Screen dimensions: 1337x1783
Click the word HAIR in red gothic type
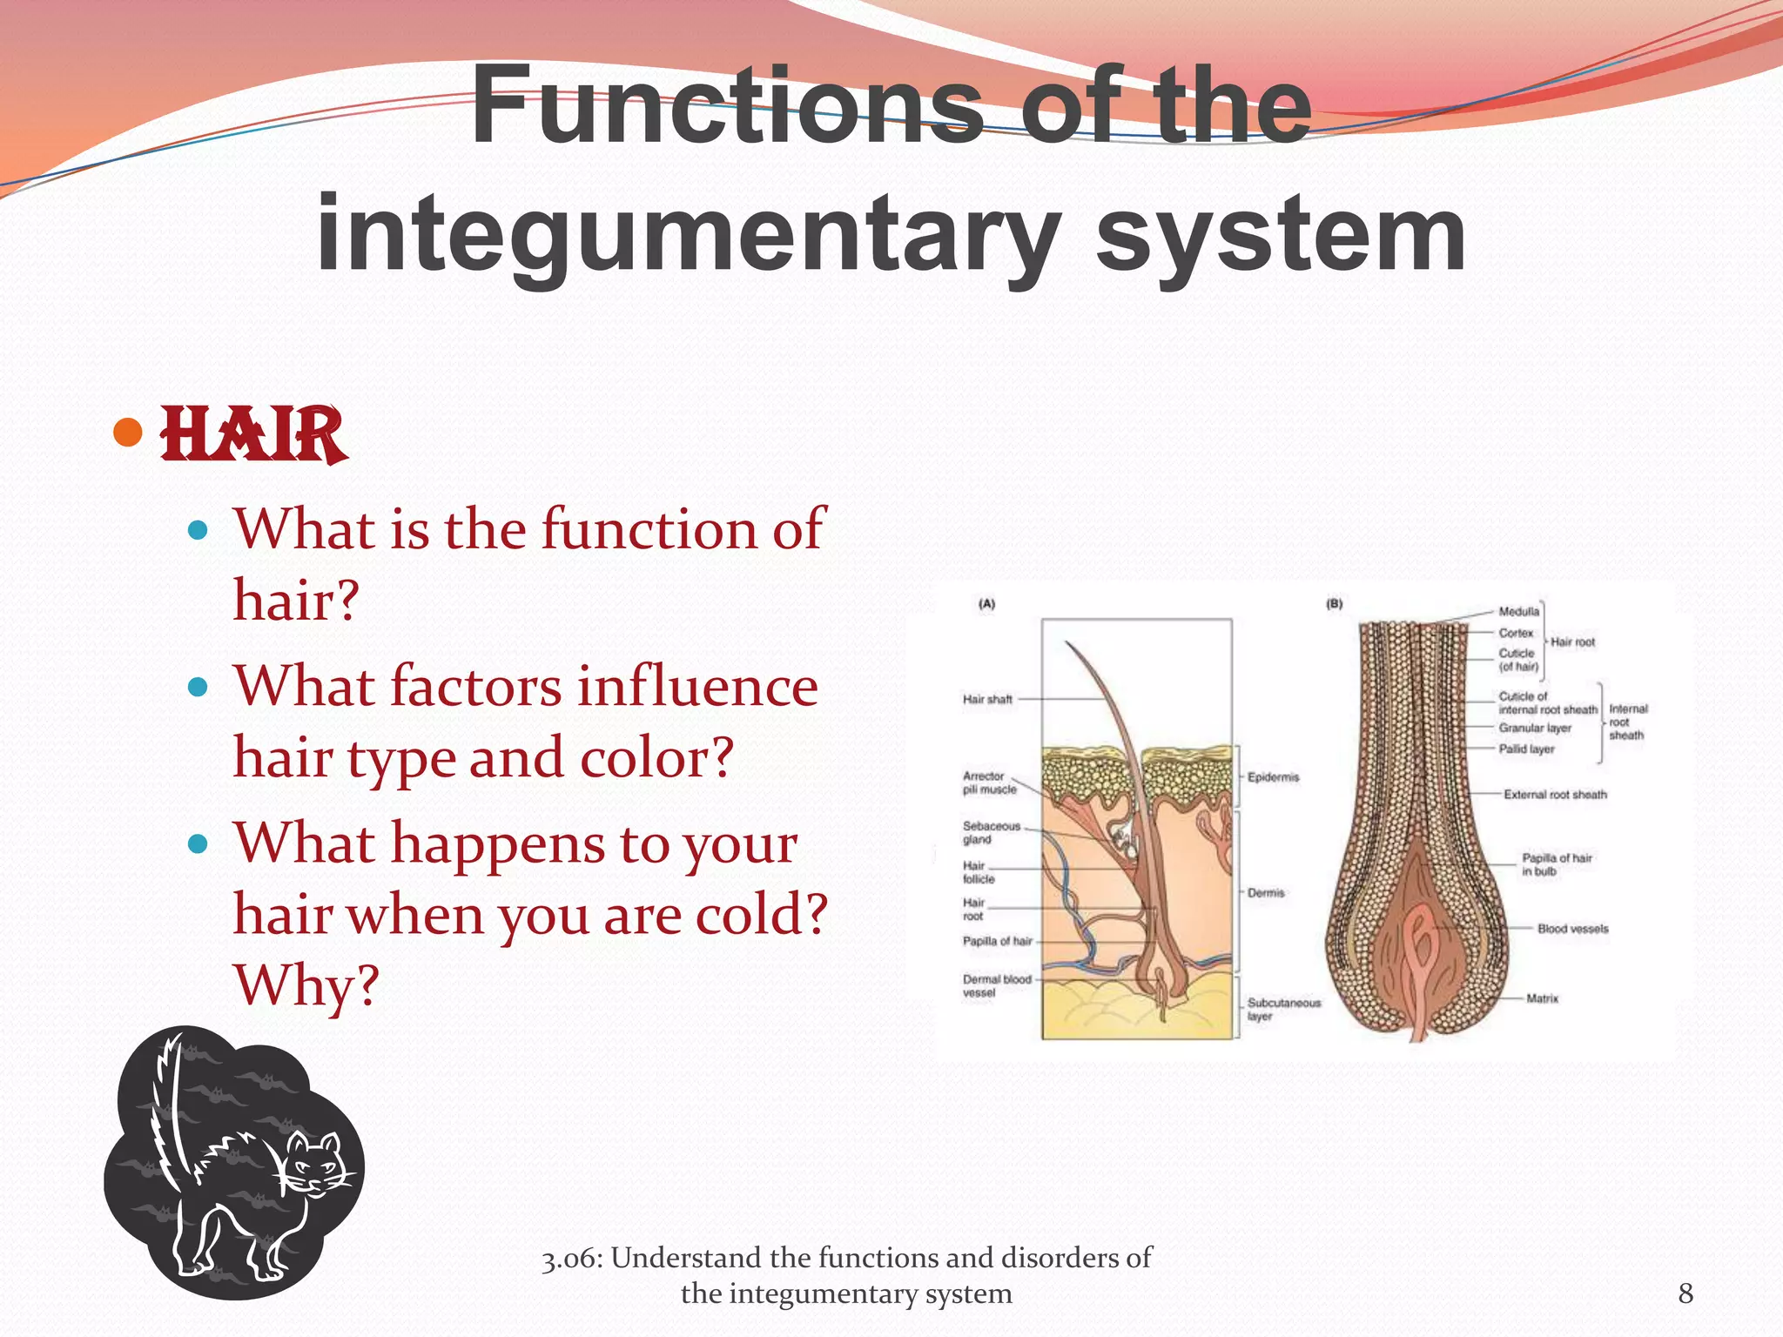pos(252,434)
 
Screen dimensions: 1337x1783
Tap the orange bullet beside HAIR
pos(128,433)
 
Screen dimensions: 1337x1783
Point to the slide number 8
pos(1685,1293)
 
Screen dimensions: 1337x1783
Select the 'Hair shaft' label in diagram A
pos(987,699)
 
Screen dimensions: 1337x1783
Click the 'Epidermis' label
pos(1273,777)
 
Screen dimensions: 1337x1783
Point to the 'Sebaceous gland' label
pos(990,833)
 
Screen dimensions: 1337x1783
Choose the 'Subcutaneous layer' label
pos(1282,1010)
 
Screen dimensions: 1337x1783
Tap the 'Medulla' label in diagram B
pos(1518,611)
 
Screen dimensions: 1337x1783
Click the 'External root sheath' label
pos(1555,795)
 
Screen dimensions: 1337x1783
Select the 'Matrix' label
pos(1542,998)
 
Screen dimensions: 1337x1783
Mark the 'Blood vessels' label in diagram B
pos(1572,929)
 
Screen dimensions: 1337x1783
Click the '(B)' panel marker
pos(1334,603)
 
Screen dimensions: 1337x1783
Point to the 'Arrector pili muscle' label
pos(989,783)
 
